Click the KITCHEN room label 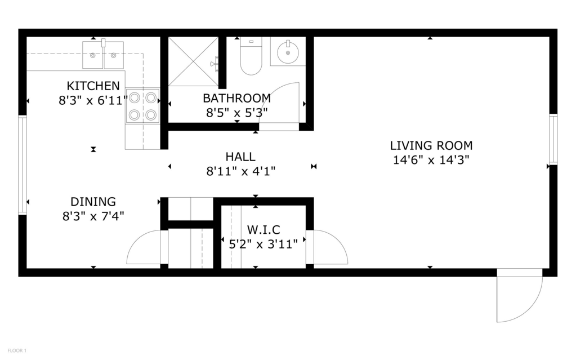93,86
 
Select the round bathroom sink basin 288,52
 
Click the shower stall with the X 193,61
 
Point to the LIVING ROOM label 431,145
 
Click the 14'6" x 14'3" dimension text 431,160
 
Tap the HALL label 240,157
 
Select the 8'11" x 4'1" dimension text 240,171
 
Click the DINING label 93,202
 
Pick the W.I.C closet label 264,230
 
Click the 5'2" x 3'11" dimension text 264,244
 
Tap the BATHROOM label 237,98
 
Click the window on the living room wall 553,139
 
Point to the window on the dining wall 23,165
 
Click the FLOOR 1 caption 17,351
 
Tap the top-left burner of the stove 135,98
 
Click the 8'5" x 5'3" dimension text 237,113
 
